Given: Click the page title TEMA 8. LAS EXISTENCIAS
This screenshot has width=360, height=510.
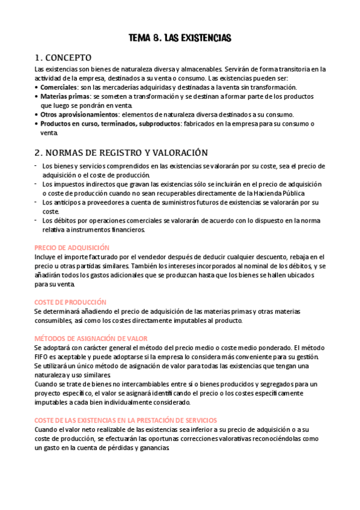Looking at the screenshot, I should tap(180, 38).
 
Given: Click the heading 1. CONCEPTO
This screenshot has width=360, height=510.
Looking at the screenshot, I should tap(63, 58).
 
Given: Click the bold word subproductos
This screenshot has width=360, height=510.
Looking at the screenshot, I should tap(158, 123).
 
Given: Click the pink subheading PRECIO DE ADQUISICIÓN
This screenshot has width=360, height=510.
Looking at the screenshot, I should tap(72, 247).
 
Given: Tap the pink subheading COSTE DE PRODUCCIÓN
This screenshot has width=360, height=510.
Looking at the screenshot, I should tap(70, 302).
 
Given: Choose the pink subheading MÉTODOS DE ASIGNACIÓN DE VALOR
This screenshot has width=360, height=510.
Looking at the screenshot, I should tap(90, 339).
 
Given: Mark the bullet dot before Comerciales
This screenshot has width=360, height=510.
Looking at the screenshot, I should tap(37, 87).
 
